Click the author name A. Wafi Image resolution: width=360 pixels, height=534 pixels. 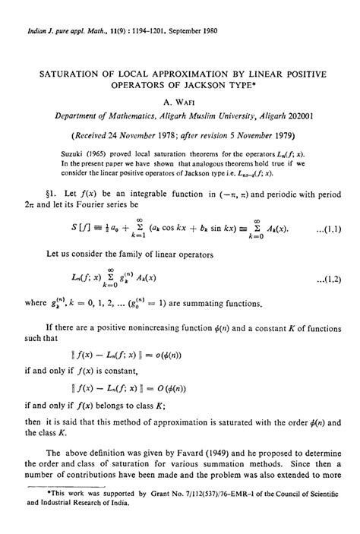180,100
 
